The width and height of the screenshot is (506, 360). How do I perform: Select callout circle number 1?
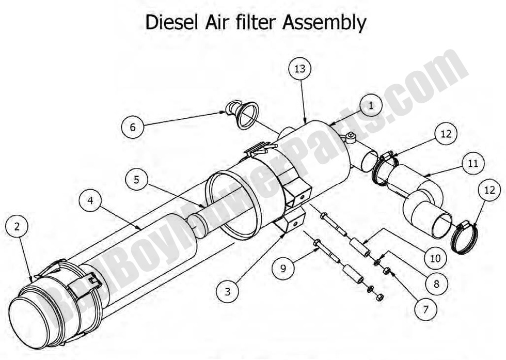click(x=370, y=105)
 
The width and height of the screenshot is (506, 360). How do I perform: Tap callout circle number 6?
click(x=133, y=127)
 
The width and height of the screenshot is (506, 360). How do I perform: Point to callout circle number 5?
click(x=136, y=180)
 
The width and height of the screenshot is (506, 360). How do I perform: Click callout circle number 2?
click(x=17, y=226)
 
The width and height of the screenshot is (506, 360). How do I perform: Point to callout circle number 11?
click(x=473, y=164)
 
